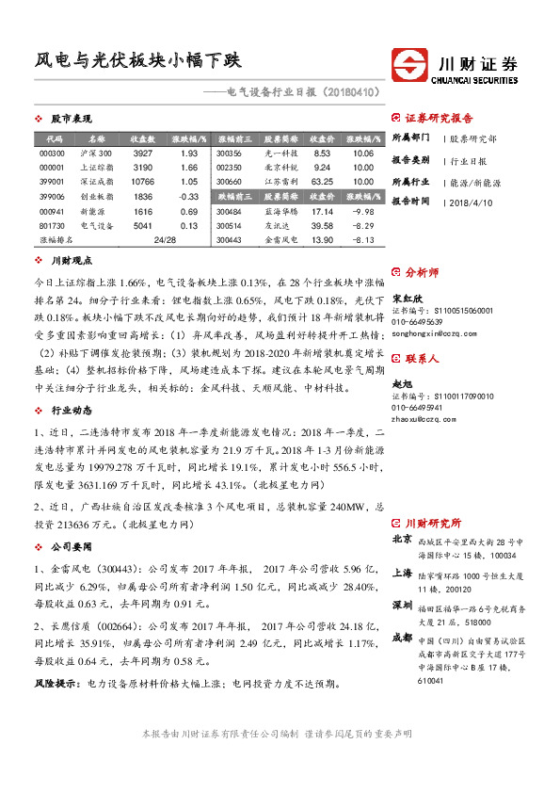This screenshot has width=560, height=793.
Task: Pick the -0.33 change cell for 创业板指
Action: [187, 196]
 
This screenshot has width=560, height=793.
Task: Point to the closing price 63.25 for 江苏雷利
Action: [323, 181]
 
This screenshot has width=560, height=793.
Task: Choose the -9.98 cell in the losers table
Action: [362, 212]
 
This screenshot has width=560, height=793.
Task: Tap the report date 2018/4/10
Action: [471, 202]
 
